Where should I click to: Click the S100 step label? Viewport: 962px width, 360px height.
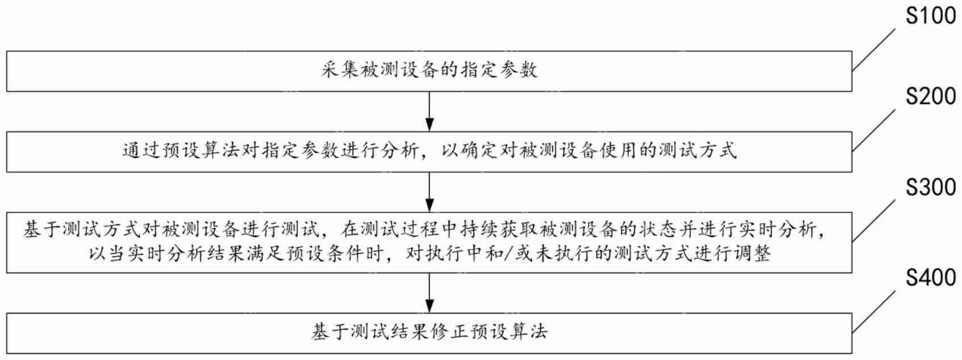pyautogui.click(x=930, y=16)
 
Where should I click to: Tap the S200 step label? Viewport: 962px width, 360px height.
pyautogui.click(x=930, y=97)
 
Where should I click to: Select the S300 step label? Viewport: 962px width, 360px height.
pyautogui.click(x=930, y=187)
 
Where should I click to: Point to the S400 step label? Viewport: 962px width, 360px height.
pyautogui.click(x=930, y=278)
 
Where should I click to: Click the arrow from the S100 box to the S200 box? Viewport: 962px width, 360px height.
pyautogui.click(x=430, y=111)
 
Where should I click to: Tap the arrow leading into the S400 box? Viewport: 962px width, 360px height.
pyautogui.click(x=430, y=292)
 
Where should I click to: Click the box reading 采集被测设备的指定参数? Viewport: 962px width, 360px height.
pyautogui.click(x=429, y=71)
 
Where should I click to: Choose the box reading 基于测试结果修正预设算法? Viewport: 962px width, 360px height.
pyautogui.click(x=429, y=333)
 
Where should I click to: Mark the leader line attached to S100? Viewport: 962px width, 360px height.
pyautogui.click(x=874, y=51)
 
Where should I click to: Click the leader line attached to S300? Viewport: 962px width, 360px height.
pyautogui.click(x=874, y=221)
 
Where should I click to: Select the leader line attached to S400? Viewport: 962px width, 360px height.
pyautogui.click(x=874, y=312)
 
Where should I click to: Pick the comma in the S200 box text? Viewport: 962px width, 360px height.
pyautogui.click(x=431, y=153)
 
